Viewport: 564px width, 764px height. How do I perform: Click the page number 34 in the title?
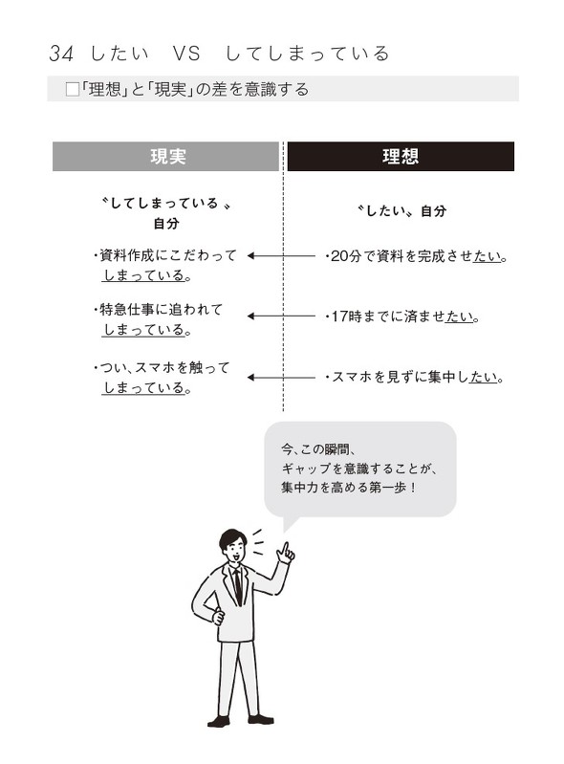[60, 54]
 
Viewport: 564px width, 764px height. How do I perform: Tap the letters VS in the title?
[185, 54]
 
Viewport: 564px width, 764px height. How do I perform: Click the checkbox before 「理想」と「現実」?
[71, 90]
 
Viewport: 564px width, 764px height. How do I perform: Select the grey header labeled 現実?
[167, 156]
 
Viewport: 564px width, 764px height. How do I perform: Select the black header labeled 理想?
[400, 156]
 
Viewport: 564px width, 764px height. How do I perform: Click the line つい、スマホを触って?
[162, 368]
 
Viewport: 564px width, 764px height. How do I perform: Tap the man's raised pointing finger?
[283, 550]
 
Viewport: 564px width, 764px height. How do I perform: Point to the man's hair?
[232, 537]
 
